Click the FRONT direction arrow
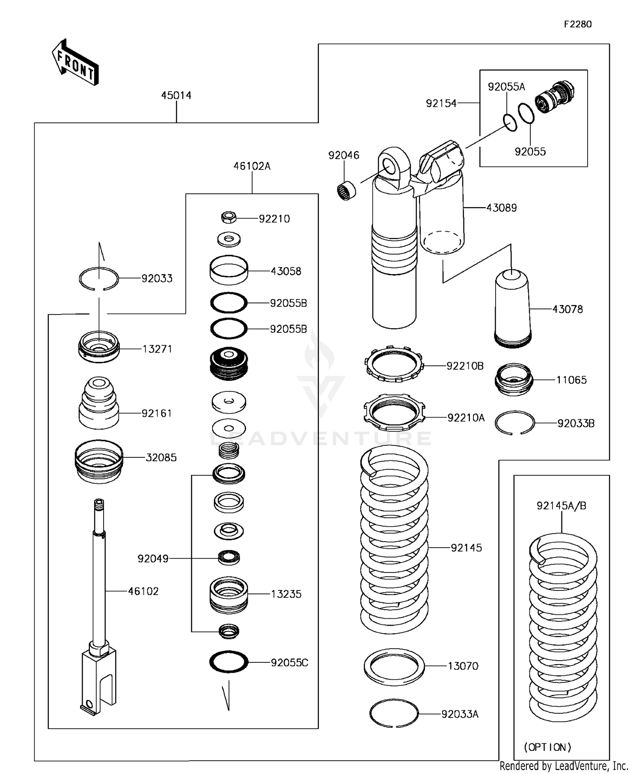(x=75, y=63)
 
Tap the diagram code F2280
(x=577, y=24)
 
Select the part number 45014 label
(x=176, y=95)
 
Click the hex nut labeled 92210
(x=229, y=217)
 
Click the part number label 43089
(x=502, y=208)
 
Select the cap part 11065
(x=514, y=380)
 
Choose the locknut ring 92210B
(x=394, y=365)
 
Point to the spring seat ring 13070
(x=394, y=667)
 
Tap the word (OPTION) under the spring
(x=547, y=747)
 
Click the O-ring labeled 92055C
(x=229, y=662)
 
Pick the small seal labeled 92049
(x=229, y=558)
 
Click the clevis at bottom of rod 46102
(x=98, y=680)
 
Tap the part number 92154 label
(x=441, y=103)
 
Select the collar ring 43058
(x=229, y=270)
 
